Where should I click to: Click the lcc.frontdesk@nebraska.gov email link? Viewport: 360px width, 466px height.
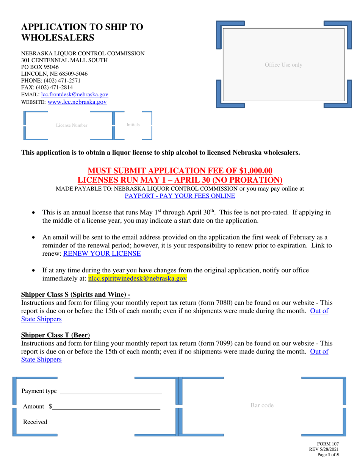pos(75,94)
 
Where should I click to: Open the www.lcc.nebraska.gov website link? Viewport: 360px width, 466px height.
pos(77,102)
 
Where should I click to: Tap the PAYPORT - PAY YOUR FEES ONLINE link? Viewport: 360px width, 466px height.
pos(180,196)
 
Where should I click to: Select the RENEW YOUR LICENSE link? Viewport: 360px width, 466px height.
pos(102,253)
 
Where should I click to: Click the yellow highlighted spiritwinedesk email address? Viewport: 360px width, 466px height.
pos(138,278)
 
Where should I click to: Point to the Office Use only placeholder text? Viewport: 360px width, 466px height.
pos(283,65)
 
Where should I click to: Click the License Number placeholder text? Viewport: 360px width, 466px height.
pos(72,125)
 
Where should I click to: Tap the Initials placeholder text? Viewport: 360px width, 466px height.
pos(133,125)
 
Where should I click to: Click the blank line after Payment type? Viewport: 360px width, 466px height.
pos(111,394)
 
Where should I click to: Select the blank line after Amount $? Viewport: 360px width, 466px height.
pos(106,409)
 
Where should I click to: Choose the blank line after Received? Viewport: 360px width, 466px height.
pos(106,425)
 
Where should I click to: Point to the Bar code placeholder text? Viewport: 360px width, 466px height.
pos(262,405)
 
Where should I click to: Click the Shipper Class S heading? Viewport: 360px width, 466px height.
pos(75,294)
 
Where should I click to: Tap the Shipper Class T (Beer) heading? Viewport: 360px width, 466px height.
pos(56,335)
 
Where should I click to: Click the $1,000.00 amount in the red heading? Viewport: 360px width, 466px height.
pos(256,171)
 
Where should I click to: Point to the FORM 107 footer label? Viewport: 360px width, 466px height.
pos(328,444)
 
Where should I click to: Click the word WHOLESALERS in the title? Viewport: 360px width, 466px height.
pos(58,38)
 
